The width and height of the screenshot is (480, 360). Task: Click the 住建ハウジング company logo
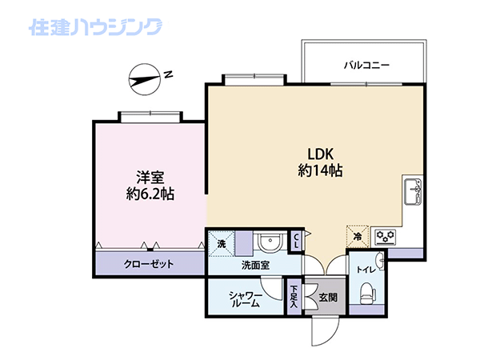pyautogui.click(x=95, y=27)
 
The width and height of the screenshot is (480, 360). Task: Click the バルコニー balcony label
pyautogui.click(x=366, y=66)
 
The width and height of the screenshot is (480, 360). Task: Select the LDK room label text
pyautogui.click(x=320, y=154)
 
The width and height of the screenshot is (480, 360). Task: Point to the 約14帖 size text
pyautogui.click(x=320, y=170)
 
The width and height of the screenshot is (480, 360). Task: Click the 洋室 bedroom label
pyautogui.click(x=150, y=178)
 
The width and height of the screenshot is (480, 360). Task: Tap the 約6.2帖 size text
pyautogui.click(x=150, y=194)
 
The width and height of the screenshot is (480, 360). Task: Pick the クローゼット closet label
pyautogui.click(x=149, y=264)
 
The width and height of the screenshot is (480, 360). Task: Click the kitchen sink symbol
pyautogui.click(x=414, y=192)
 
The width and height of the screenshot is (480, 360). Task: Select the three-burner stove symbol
pyautogui.click(x=386, y=237)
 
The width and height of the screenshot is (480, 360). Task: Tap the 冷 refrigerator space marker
pyautogui.click(x=358, y=236)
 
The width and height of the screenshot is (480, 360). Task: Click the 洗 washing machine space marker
pyautogui.click(x=222, y=244)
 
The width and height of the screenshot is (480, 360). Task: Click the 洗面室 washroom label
pyautogui.click(x=256, y=265)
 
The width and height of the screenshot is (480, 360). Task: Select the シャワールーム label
pyautogui.click(x=246, y=299)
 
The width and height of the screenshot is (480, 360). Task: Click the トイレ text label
pyautogui.click(x=366, y=270)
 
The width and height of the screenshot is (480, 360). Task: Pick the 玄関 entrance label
pyautogui.click(x=328, y=297)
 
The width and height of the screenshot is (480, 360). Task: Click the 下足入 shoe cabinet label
pyautogui.click(x=294, y=296)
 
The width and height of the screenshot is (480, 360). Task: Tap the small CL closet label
pyautogui.click(x=296, y=241)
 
